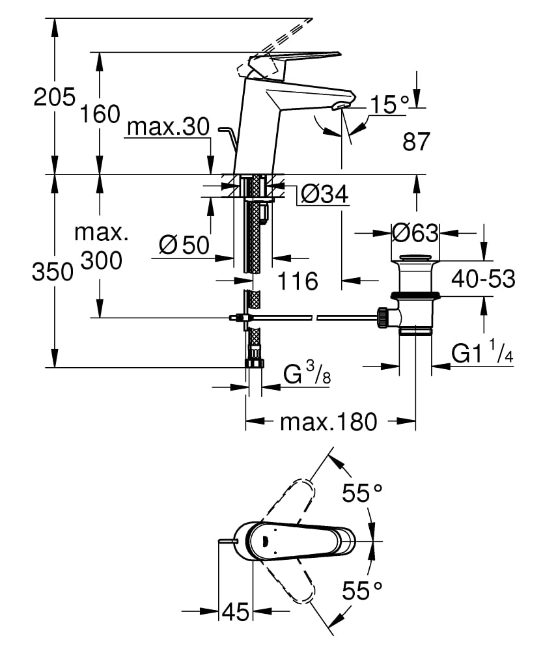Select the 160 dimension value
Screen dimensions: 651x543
coord(100,114)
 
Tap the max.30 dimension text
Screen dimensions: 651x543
coord(168,127)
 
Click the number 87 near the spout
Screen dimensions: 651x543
coord(417,142)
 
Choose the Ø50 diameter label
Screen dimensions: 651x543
coord(184,245)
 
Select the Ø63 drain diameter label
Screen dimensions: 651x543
coord(415,231)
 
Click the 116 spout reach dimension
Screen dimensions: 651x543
coord(298,281)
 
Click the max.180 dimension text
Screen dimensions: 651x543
coord(328,422)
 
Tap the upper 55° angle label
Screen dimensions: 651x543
coord(362,494)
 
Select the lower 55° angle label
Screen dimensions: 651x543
coord(362,592)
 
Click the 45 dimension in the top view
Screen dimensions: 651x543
coord(236,612)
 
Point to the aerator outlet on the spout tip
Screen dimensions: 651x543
coord(340,106)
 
